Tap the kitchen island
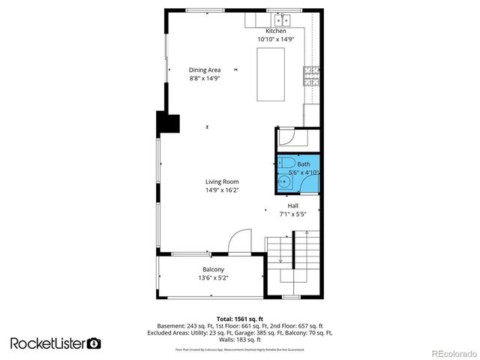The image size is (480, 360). (271, 74)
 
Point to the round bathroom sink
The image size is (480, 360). (284, 181)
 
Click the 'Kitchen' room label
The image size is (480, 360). (271, 31)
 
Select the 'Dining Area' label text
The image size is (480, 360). (204, 70)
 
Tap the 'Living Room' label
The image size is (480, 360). (222, 181)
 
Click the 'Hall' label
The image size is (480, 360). (294, 205)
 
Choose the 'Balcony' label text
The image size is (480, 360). (213, 269)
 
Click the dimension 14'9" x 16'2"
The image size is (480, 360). (222, 190)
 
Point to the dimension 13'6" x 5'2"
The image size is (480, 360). (213, 278)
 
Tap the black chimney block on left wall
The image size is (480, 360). (166, 122)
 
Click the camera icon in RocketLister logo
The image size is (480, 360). (94, 343)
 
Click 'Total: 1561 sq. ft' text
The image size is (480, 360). (241, 318)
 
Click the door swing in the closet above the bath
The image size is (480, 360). (287, 137)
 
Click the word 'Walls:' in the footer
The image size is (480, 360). (226, 339)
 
